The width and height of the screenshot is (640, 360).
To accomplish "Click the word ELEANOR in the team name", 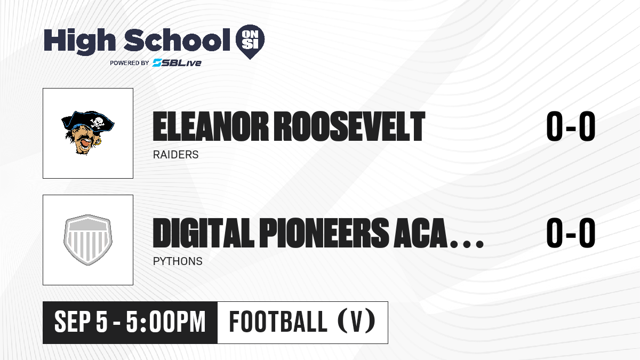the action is click(211, 126).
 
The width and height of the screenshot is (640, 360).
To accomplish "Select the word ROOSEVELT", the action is click(350, 126).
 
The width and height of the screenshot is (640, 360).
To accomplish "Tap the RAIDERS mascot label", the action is click(175, 155).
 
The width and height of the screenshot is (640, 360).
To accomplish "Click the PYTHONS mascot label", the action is click(178, 261).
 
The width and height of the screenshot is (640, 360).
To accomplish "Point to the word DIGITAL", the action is click(203, 233).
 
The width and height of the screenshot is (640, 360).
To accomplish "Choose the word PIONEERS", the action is click(324, 233).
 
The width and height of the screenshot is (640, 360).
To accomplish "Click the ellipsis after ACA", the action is click(467, 244).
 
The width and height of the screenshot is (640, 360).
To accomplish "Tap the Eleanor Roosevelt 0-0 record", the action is click(571, 126).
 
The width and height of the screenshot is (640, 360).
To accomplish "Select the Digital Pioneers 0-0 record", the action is click(571, 233).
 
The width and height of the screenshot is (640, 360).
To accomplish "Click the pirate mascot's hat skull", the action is click(97, 123).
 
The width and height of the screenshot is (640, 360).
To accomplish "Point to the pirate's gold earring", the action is click(99, 141).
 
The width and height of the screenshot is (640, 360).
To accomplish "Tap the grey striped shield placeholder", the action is click(88, 239).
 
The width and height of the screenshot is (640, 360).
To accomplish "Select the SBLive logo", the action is click(177, 62).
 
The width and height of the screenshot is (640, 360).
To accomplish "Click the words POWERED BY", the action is click(130, 63).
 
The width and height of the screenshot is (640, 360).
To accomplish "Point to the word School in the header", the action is click(177, 39).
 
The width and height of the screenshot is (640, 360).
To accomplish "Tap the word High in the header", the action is click(79, 42).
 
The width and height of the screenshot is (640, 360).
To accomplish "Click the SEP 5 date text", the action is click(81, 322).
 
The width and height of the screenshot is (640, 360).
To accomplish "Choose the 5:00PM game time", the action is click(166, 322).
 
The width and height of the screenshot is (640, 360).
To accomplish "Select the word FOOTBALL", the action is click(278, 322).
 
